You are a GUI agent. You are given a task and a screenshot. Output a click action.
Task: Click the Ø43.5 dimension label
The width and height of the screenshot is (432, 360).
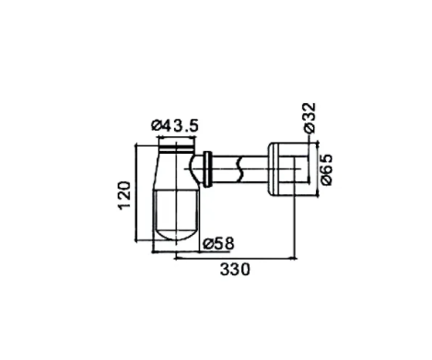175,125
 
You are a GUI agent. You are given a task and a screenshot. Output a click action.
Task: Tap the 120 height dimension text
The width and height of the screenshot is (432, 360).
124,195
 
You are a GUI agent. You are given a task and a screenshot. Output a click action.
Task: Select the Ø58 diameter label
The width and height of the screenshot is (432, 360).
218,244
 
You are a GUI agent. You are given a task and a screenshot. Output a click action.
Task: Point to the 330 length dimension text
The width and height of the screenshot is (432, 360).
235,270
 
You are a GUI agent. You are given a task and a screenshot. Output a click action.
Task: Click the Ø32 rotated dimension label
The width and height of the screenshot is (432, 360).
309,118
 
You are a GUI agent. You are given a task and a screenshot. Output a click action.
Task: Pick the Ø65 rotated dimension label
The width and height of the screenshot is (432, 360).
326,169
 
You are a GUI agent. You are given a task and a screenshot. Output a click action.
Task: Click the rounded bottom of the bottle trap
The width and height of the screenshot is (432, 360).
176,233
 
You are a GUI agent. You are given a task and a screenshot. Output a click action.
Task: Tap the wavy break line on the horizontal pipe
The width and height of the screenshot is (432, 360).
239,169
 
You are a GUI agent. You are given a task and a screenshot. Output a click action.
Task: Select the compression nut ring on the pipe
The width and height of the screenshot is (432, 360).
208,168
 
